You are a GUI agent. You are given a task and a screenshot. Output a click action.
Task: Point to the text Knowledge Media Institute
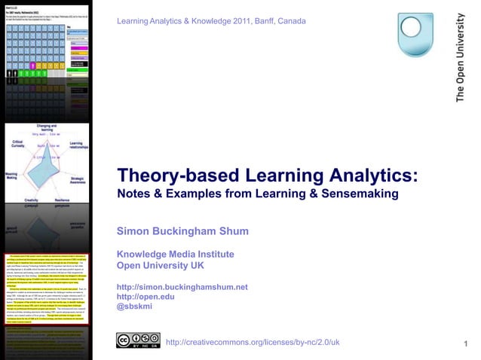pyautogui.click(x=175, y=254)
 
